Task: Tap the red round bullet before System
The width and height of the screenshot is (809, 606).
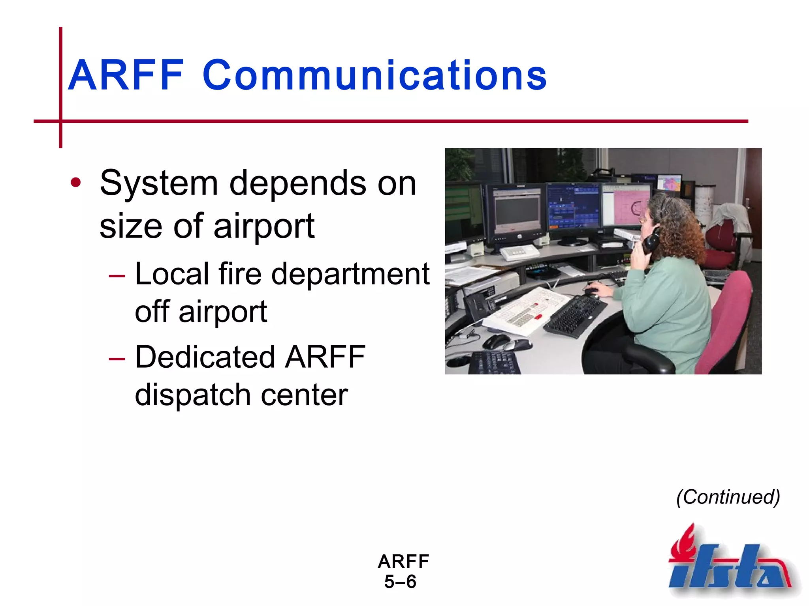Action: (x=75, y=183)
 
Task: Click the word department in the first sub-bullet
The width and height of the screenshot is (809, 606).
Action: (x=350, y=274)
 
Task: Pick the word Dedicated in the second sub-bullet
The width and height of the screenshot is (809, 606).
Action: (x=205, y=357)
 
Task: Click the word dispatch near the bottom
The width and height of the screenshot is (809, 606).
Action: (x=192, y=395)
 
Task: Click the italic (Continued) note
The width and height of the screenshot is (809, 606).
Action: (x=728, y=497)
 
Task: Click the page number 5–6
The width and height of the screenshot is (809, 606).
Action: (x=400, y=582)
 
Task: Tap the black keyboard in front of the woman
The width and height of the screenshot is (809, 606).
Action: (x=575, y=316)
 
